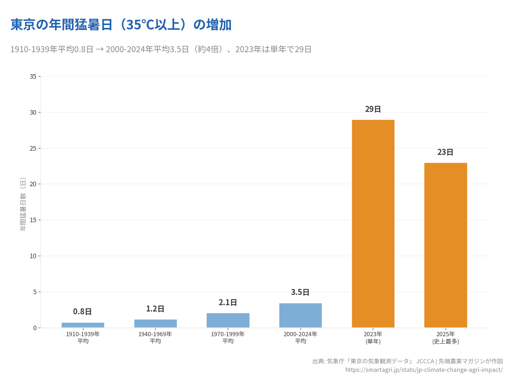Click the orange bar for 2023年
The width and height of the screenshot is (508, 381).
coord(373,224)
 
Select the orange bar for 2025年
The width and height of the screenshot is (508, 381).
coord(446,245)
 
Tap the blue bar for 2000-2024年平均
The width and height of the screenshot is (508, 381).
coord(300,315)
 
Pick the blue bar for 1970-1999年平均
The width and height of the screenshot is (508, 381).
coord(228,320)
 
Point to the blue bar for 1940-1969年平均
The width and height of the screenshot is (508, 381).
coord(155,323)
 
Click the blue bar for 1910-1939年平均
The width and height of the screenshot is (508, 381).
coord(83,325)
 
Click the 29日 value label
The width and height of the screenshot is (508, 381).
coord(373,109)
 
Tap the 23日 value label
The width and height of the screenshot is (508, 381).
coord(445,152)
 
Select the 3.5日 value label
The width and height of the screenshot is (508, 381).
coord(300,292)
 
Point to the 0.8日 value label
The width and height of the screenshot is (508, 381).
coord(83,312)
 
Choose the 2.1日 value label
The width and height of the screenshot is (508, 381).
coord(228,303)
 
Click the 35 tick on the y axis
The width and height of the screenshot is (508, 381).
coord(33,77)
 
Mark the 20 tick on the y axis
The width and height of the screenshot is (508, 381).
coord(33,184)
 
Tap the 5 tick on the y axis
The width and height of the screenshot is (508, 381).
coord(35,292)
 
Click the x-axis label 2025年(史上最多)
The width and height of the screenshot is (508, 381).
coord(446,338)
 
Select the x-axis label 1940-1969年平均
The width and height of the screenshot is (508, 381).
coord(155,338)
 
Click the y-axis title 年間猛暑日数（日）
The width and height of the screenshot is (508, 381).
coord(23,204)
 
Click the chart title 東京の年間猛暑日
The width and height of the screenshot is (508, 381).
coord(121,25)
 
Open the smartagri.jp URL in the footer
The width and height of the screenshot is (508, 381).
coord(424,370)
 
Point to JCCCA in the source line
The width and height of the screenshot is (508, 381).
coord(425,361)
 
